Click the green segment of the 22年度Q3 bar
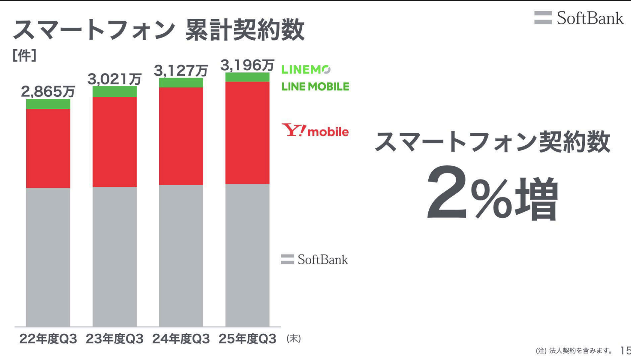point(48,104)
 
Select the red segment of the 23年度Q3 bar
point(114,142)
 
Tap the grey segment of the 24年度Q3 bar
point(181,255)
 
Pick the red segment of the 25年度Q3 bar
point(247,133)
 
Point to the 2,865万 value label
point(48,91)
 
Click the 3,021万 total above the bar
point(114,79)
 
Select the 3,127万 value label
point(181,70)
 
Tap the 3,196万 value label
point(247,65)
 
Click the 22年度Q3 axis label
point(48,339)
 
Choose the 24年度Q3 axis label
point(181,339)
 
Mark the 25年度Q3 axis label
point(247,339)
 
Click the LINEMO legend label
point(306,69)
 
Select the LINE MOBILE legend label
point(315,87)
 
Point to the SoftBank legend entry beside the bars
point(315,259)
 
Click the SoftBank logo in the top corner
point(579,18)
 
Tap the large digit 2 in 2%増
point(447,193)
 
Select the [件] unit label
point(24,56)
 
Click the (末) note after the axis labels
point(294,339)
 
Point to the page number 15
point(625,351)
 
